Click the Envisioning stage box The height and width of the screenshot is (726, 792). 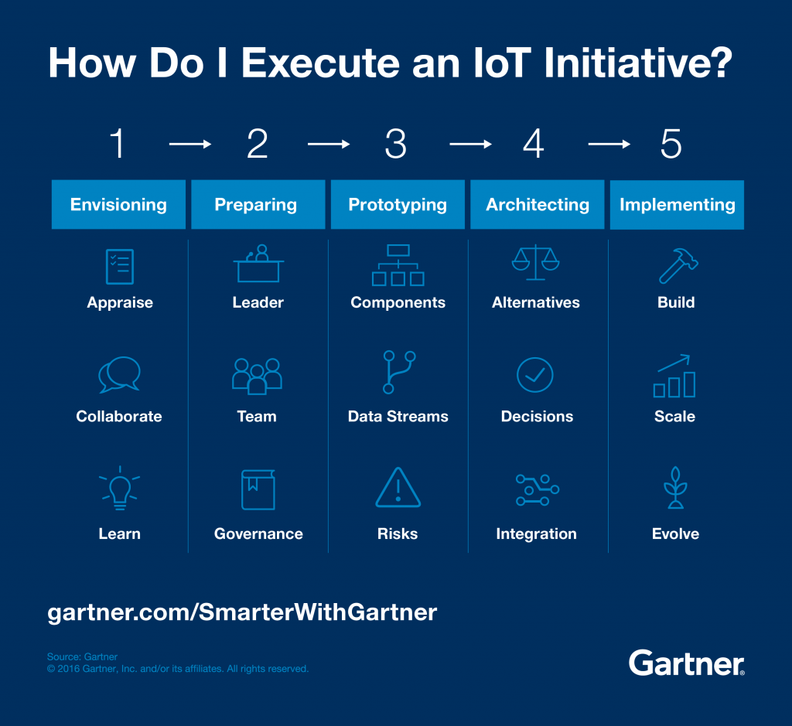[118, 205]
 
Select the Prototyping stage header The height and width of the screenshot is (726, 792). [398, 205]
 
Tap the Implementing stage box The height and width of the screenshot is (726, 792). [677, 205]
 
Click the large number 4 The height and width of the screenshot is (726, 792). [534, 145]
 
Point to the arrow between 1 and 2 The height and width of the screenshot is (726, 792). [189, 145]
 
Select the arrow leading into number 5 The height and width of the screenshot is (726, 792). [609, 145]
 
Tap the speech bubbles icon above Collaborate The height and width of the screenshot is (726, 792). [119, 375]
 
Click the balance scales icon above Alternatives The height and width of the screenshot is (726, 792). [535, 263]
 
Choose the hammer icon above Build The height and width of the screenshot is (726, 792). [678, 265]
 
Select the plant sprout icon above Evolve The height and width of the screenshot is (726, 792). [676, 488]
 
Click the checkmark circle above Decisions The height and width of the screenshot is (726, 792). [535, 375]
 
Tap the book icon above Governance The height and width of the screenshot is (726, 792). [258, 490]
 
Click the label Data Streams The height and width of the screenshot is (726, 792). [398, 417]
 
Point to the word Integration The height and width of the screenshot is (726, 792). [536, 534]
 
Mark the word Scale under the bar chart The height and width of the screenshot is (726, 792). [675, 417]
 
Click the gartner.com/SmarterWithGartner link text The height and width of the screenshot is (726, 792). [242, 612]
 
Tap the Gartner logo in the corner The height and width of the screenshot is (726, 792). [686, 663]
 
